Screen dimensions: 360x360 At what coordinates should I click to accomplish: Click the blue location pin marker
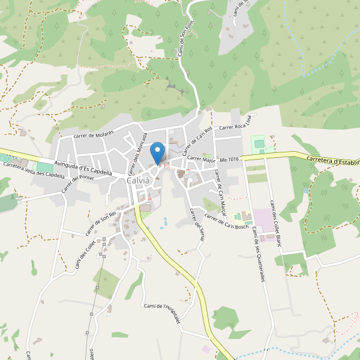pos(158,152)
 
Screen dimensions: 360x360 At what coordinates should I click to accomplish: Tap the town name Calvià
pos(139,181)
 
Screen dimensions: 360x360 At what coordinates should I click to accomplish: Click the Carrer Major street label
pos(201,160)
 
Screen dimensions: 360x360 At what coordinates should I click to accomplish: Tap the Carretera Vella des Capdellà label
pos(33,169)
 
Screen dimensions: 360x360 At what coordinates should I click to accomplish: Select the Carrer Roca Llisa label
pos(238,127)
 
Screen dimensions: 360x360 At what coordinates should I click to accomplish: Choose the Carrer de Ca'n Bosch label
pos(226,221)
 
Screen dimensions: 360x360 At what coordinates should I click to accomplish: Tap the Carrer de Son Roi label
pos(100,223)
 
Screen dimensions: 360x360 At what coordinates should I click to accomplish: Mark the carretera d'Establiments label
pos(332,161)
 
